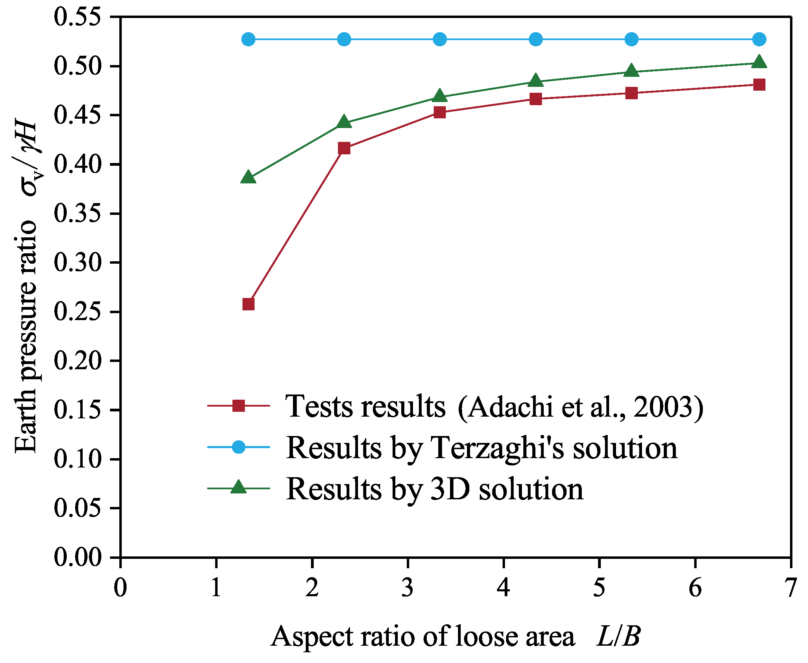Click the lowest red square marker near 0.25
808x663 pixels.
248,305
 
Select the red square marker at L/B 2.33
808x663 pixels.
344,148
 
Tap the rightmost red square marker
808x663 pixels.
759,85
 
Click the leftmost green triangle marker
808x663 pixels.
248,178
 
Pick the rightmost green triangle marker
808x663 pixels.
759,62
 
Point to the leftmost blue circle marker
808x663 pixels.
248,39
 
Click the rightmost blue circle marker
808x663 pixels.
759,39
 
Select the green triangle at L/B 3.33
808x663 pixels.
440,96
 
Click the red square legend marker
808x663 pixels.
239,406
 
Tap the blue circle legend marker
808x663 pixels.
239,447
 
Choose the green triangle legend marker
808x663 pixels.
239,487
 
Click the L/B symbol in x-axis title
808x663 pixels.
618,636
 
